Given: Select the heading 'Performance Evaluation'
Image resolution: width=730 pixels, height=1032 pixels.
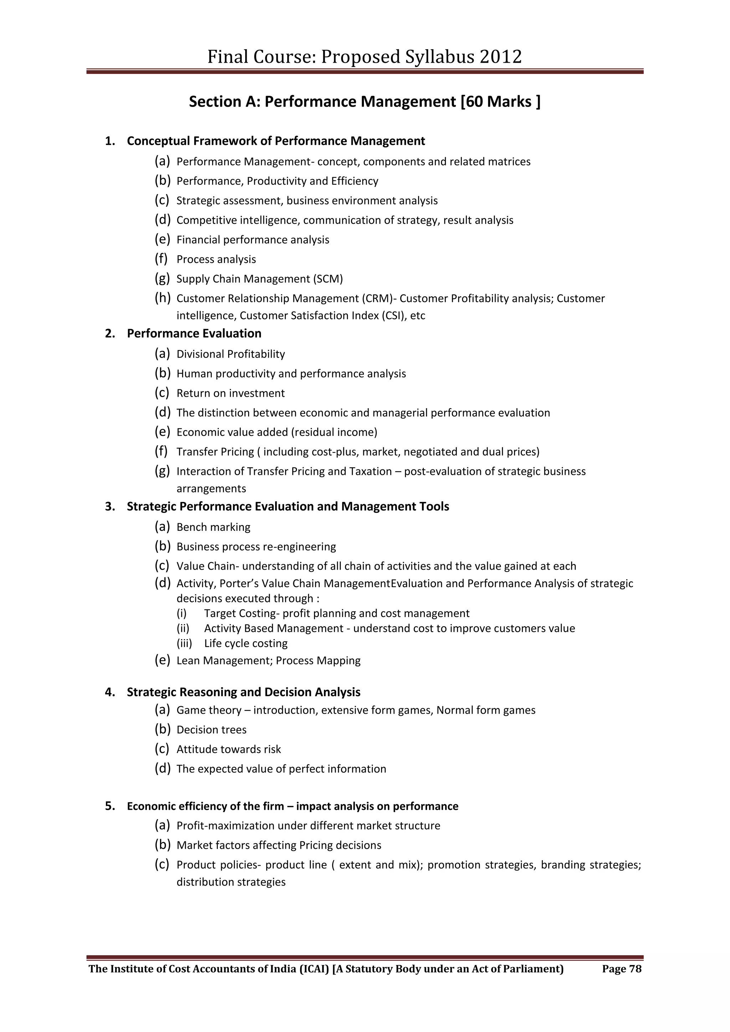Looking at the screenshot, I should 194,334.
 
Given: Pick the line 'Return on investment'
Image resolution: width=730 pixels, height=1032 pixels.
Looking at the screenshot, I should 230,393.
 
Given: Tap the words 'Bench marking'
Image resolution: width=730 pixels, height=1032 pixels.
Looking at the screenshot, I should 213,527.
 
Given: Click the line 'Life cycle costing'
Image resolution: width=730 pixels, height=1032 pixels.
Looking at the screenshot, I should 246,644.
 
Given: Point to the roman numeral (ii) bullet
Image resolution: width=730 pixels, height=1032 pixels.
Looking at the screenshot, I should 182,628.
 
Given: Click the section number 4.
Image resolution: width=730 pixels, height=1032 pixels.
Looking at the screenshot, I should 109,692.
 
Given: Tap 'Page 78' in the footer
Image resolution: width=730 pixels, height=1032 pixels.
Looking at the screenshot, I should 622,969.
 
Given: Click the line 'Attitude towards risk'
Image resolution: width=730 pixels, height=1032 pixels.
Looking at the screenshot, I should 228,749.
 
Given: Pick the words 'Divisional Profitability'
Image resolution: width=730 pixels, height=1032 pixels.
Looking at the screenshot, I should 231,354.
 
